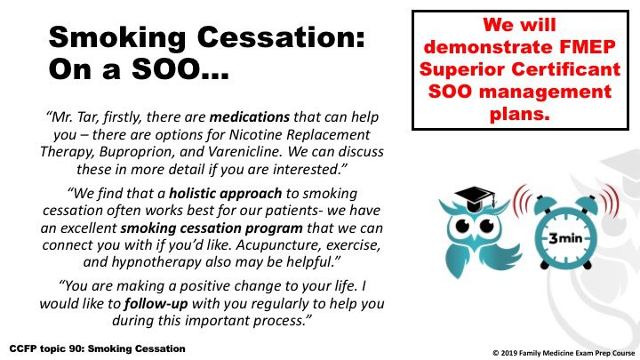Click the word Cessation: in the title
coord(280,37)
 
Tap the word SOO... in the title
coord(180,69)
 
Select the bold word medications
coord(250,117)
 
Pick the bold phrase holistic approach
coord(225,194)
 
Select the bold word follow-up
coord(156,304)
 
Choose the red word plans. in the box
coord(520,114)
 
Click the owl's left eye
coord(462,226)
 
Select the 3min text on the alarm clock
coord(565,237)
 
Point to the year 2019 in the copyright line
coord(508,354)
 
